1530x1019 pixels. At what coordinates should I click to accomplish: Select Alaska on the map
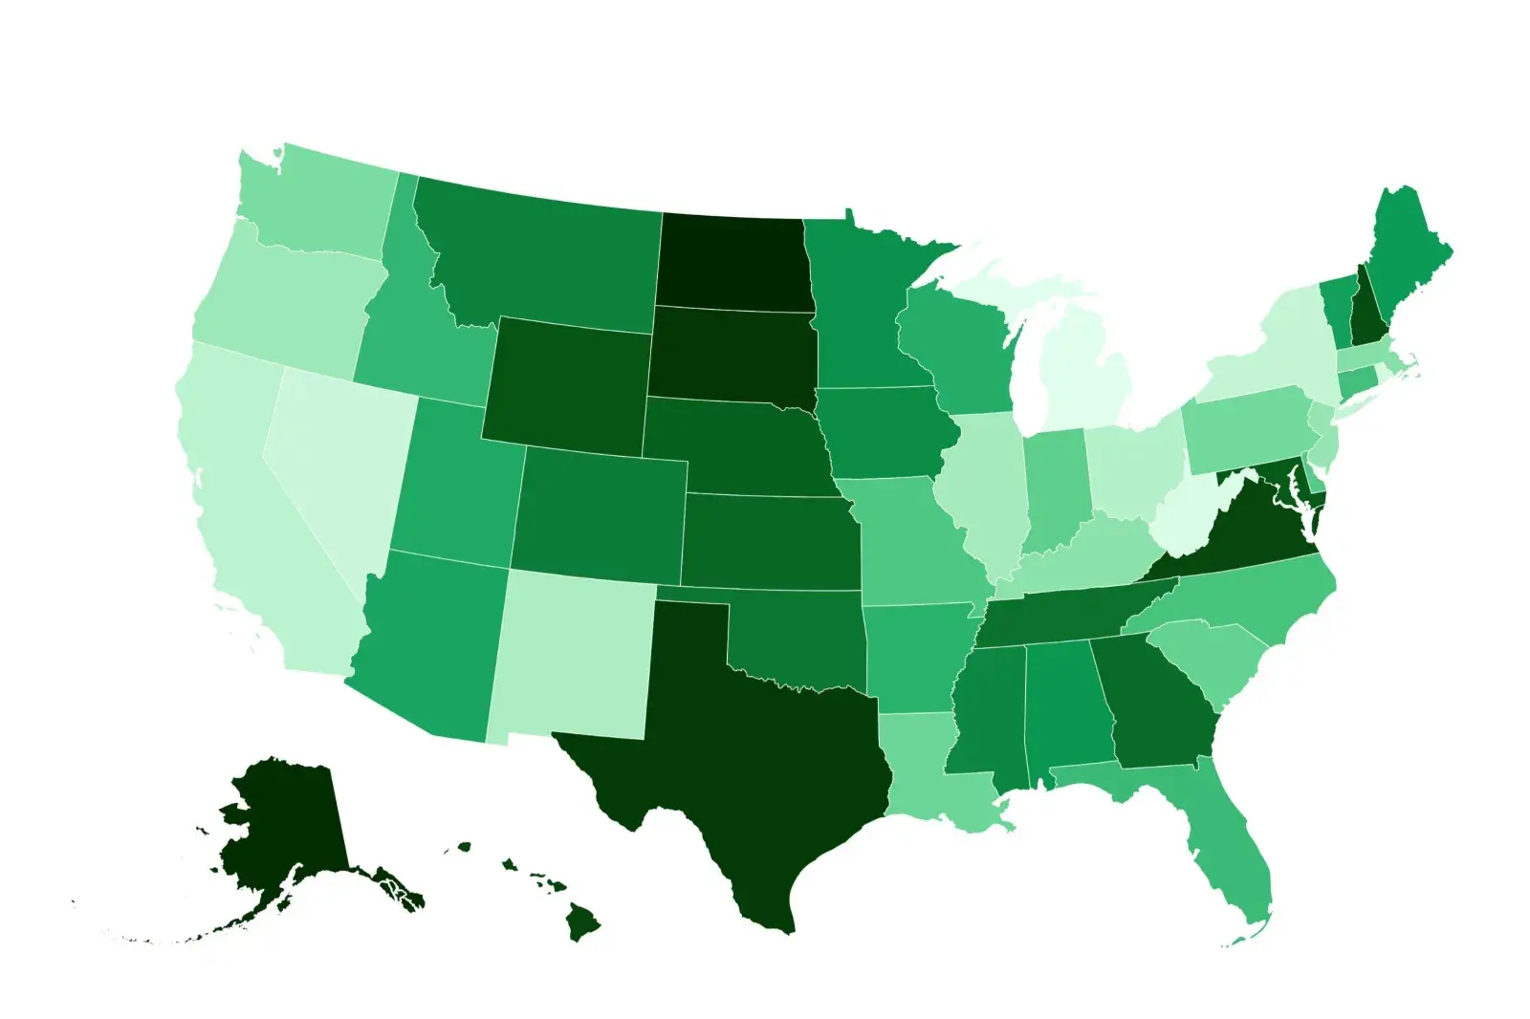[282, 822]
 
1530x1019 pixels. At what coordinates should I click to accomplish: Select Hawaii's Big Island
[580, 923]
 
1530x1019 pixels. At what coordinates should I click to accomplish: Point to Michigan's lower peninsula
[1085, 382]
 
